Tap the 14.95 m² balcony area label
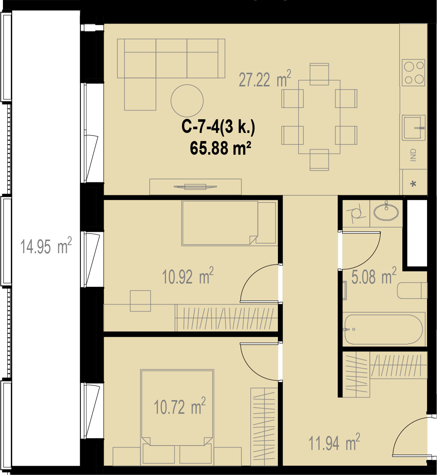point(46,246)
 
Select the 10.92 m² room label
point(188,276)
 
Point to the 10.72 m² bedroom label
point(179,406)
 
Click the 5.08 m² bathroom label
point(374,276)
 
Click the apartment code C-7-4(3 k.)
point(218,128)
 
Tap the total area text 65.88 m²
point(220,148)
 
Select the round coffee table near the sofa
point(187,101)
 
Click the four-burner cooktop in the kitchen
point(413,72)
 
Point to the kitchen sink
point(413,127)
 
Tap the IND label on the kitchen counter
point(413,155)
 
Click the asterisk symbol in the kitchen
point(413,184)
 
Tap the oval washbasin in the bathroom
point(386,211)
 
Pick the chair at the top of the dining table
point(319,74)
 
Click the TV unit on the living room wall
point(195,187)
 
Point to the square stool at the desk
point(140,301)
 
